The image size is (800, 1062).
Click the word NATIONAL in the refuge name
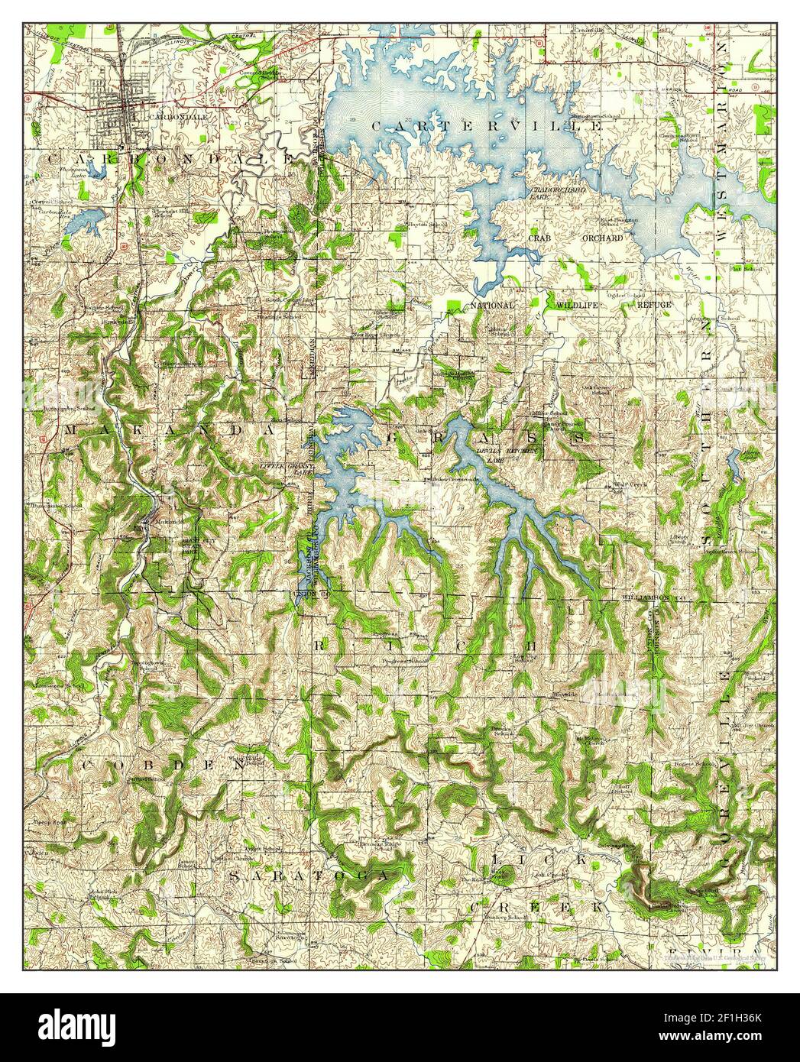click(x=492, y=305)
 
